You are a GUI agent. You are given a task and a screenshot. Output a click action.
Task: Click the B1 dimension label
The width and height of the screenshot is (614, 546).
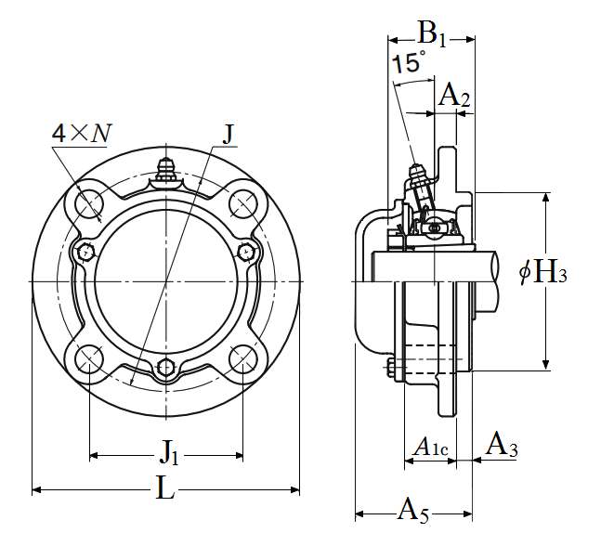point(432,34)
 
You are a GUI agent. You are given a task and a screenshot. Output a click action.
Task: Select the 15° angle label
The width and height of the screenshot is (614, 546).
point(408,62)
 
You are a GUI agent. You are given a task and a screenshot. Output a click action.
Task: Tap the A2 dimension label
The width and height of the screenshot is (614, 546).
point(454,95)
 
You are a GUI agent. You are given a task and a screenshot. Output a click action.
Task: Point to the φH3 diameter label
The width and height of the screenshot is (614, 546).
point(543,271)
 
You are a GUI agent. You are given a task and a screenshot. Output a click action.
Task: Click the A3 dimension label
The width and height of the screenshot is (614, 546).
point(502,445)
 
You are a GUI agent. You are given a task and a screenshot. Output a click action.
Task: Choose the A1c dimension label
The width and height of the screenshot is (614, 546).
point(430,448)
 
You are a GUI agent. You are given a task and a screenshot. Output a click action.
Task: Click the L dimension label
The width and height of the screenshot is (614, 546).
point(164,487)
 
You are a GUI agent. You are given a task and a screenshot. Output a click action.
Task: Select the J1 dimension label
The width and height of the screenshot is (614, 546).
point(170,452)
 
